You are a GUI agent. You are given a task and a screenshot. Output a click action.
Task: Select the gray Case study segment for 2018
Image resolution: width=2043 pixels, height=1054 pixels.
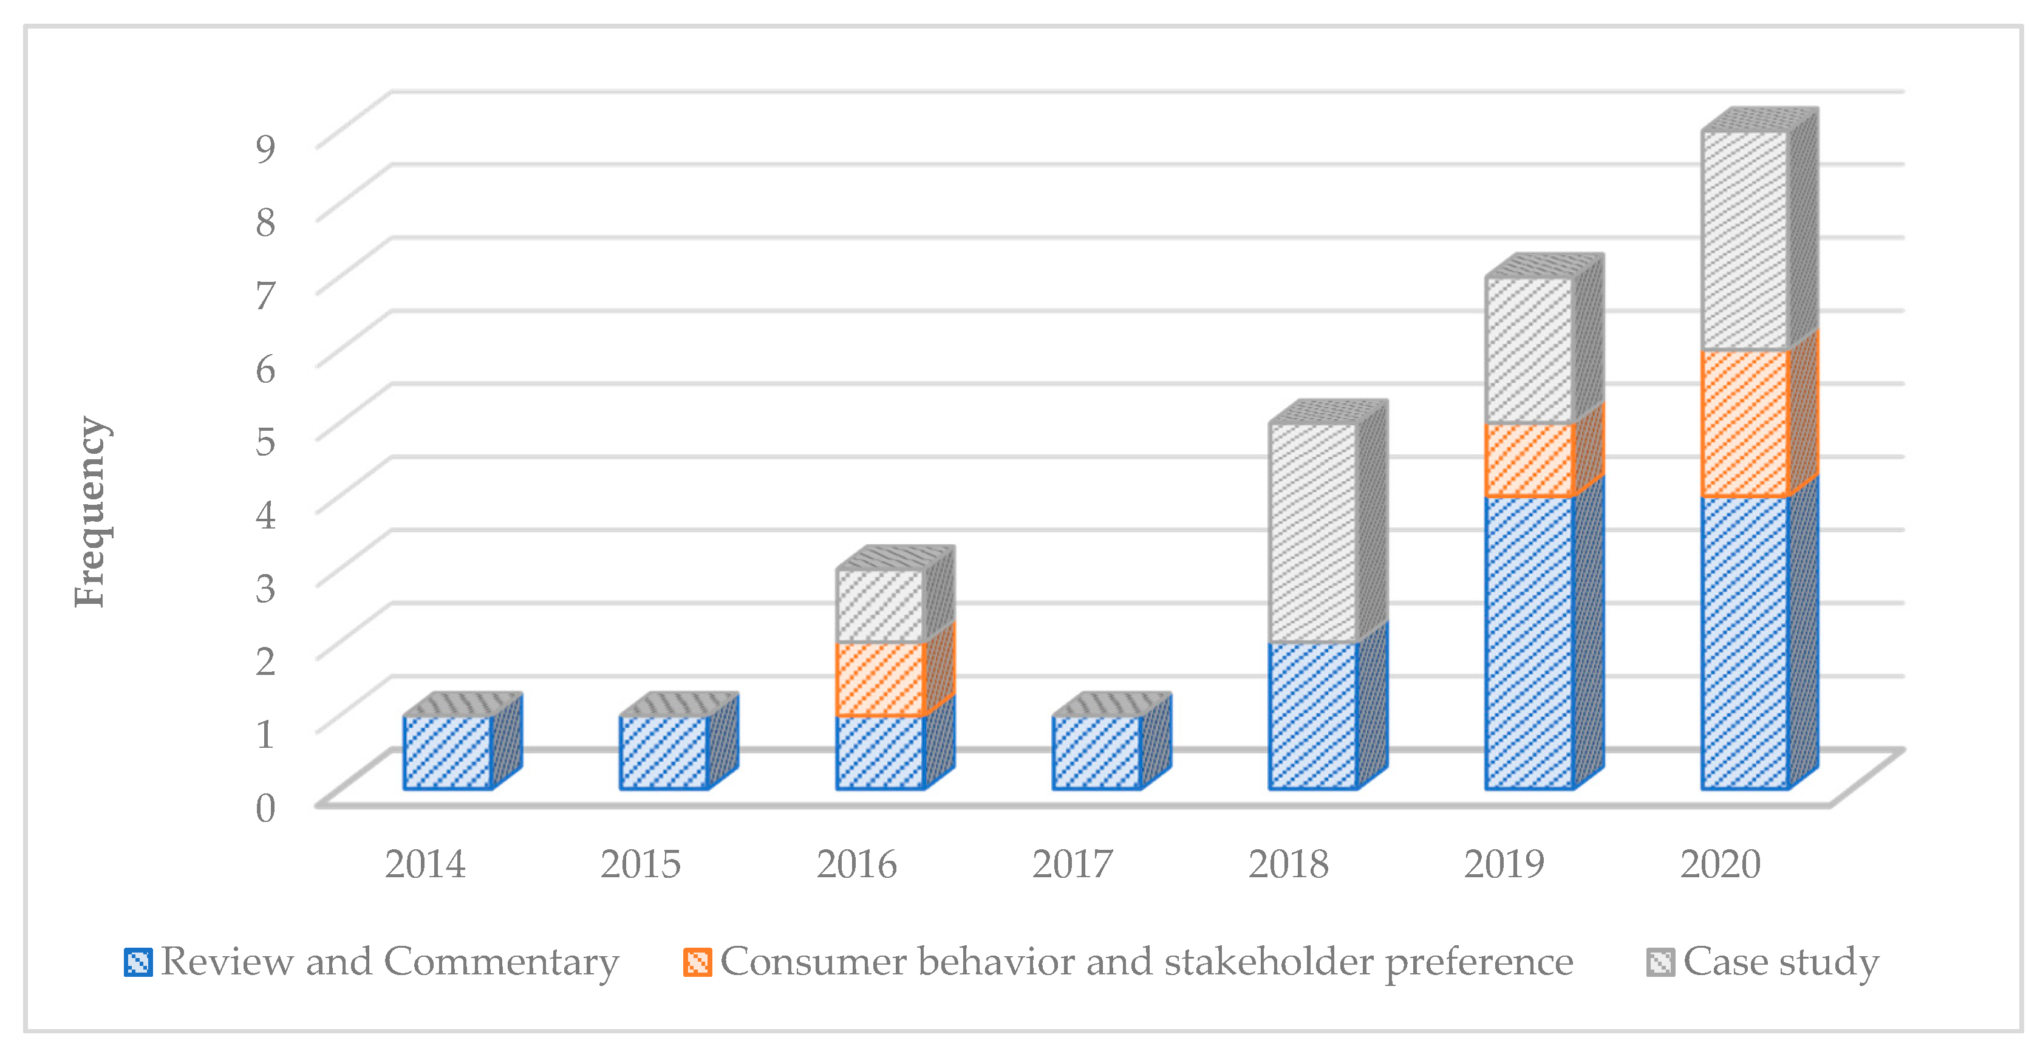coord(1312,533)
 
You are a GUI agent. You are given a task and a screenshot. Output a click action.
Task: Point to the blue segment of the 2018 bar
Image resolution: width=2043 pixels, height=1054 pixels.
coord(1312,716)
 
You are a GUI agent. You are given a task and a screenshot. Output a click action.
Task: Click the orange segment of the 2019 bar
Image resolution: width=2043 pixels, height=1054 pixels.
coord(1529,460)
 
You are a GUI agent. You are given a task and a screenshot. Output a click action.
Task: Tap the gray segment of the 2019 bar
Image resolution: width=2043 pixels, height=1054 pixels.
coord(1529,351)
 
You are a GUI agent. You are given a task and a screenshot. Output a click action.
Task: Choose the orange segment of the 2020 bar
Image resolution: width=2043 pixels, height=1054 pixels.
coord(1745,423)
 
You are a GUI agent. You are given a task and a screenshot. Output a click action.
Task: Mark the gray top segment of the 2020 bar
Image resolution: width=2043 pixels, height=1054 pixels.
coord(1745,241)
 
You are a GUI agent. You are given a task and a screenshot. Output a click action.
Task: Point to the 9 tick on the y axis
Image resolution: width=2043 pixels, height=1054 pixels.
coord(265,148)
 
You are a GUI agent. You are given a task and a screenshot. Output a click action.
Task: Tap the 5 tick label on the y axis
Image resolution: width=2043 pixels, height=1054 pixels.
coord(265,440)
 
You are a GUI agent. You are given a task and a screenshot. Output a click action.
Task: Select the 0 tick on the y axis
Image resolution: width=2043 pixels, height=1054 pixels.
coord(265,807)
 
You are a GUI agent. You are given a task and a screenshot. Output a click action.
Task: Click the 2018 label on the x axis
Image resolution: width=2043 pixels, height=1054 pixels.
coord(1288,864)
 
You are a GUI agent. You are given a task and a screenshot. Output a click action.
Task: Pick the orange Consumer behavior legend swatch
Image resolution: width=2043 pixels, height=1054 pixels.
coord(697,962)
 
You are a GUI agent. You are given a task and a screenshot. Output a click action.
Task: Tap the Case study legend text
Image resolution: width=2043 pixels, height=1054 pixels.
coord(1781,962)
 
